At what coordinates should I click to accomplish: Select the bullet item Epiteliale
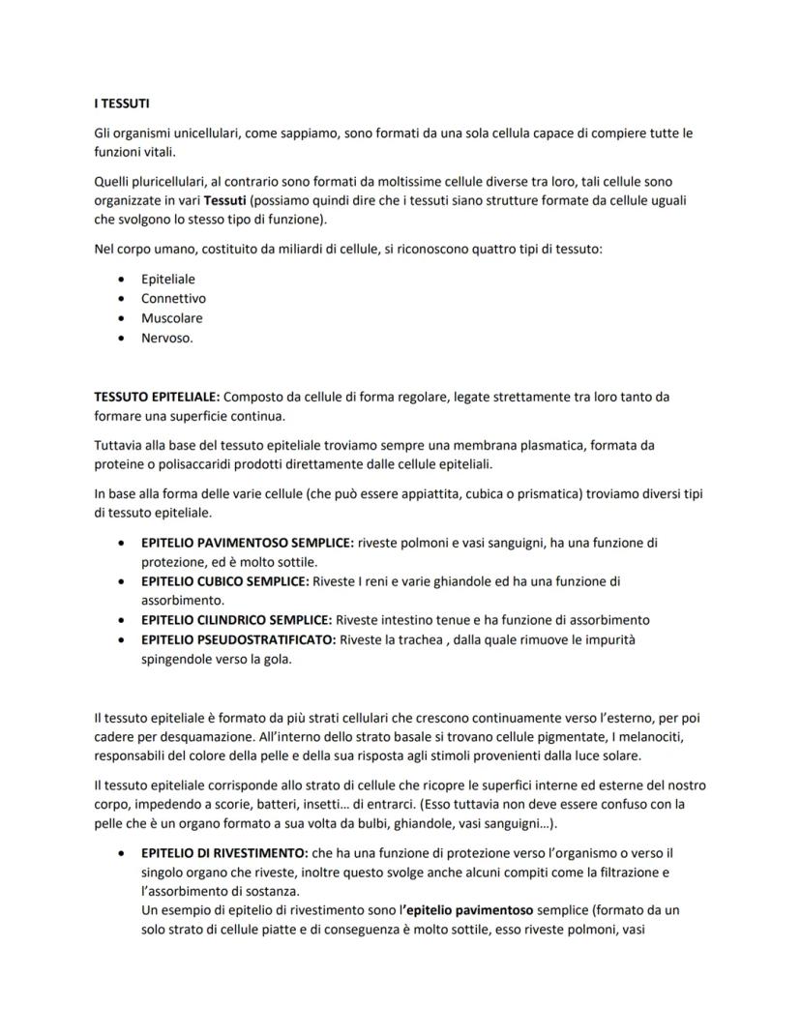167,279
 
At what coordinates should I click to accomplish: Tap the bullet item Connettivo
173,298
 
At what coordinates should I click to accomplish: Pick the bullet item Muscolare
171,317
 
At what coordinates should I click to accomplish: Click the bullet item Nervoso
166,338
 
